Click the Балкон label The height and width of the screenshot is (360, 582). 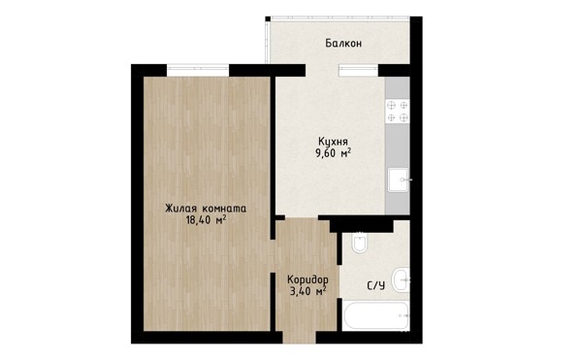tap(343, 44)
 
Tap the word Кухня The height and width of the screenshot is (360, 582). tap(333, 142)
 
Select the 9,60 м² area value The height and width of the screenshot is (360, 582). tap(333, 153)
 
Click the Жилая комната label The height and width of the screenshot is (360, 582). tap(206, 209)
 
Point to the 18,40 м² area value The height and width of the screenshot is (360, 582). tap(206, 220)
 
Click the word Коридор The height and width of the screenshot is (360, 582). tap(307, 279)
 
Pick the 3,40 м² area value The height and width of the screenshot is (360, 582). tap(307, 290)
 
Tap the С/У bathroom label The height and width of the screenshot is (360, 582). tap(375, 286)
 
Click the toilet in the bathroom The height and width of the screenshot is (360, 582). tap(360, 242)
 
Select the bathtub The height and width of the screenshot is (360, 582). tap(376, 315)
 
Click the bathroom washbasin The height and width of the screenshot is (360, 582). tap(402, 279)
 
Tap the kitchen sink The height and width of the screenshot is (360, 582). tap(399, 180)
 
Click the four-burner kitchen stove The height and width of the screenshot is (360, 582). tap(397, 112)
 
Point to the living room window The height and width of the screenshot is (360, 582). tap(198, 70)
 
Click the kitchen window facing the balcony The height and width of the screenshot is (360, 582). tap(359, 70)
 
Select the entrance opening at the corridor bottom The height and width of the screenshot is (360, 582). tap(300, 338)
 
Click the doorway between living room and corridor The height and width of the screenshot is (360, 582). tap(273, 256)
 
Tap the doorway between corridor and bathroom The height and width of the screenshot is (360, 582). tap(339, 281)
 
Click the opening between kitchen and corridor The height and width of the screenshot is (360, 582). tap(302, 217)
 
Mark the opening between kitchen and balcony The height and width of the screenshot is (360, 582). tap(322, 70)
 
